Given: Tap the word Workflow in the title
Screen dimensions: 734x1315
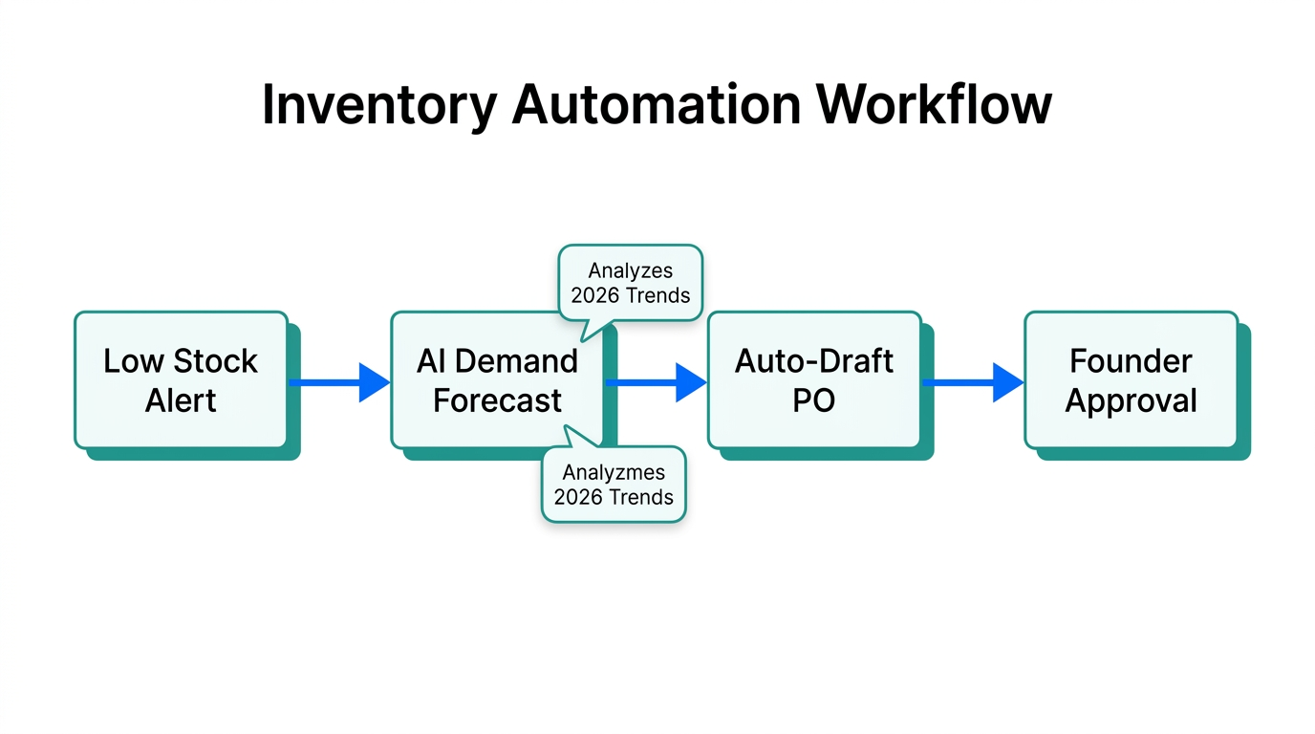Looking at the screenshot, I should click(934, 104).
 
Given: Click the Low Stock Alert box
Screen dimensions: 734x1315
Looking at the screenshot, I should click(181, 379).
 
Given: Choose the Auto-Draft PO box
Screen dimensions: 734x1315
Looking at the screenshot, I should click(813, 379).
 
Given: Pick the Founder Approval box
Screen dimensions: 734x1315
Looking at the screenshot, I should click(1131, 379).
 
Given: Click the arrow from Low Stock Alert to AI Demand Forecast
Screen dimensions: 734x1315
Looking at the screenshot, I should click(339, 382).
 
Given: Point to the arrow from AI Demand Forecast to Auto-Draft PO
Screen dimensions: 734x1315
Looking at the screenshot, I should click(657, 382).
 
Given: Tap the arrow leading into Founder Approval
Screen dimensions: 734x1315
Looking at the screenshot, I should click(973, 382).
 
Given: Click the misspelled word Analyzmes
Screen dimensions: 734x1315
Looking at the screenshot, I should click(614, 472).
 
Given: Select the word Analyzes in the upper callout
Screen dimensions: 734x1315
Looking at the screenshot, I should click(630, 271).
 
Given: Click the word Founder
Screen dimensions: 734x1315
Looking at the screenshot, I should click(1131, 361).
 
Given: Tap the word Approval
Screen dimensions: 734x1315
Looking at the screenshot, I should click(1131, 400).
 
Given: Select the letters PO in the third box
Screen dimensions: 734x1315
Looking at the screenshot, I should click(813, 400).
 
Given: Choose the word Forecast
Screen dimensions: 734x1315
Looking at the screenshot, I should click(497, 400).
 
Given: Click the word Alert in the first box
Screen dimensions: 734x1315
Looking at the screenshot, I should click(181, 400).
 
